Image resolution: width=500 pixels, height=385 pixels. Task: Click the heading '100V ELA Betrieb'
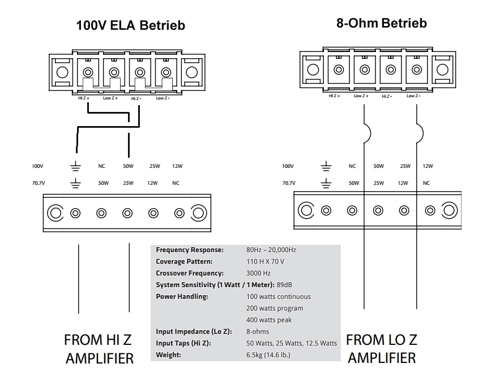pos(131,25)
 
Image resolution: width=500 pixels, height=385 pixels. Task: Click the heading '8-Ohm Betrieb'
pos(382,23)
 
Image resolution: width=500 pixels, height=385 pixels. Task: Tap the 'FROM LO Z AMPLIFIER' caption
pos(382,349)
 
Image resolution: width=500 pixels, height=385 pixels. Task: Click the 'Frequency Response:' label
pos(190,250)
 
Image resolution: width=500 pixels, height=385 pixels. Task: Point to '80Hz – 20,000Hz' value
pos(271,250)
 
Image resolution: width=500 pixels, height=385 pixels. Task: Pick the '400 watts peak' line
pos(270,320)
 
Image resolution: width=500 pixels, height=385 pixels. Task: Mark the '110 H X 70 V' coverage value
pos(266,261)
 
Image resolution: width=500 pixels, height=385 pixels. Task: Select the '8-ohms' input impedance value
pos(258,331)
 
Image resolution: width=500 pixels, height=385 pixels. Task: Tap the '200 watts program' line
pos(275,308)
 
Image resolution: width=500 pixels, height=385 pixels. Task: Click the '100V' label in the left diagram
pos(37,166)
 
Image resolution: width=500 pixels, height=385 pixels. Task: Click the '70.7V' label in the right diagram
pos(289,183)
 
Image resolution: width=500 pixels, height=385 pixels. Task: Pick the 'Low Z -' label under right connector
pos(413,96)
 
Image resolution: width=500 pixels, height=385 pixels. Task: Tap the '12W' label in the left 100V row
pos(178,166)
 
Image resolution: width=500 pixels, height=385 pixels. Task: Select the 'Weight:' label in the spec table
pos(168,355)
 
